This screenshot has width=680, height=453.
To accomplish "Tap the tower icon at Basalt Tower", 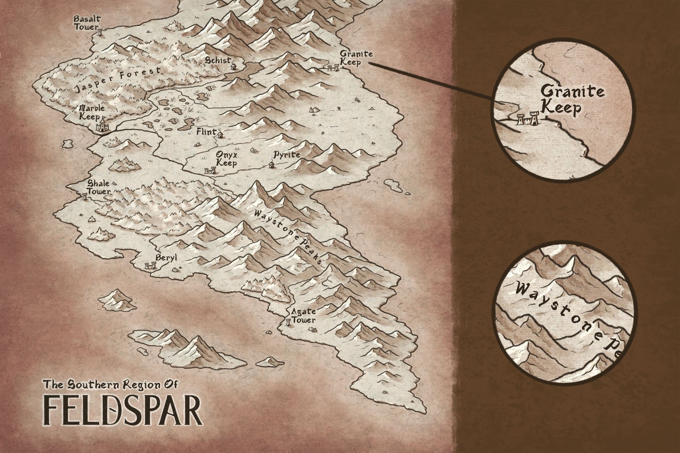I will [100, 32].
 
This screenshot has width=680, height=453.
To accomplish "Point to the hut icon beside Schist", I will [234, 65].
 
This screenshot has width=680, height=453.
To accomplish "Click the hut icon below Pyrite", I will [271, 165].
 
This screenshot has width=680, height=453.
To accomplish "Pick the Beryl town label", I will [167, 258].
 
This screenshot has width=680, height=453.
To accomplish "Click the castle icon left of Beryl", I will [148, 266].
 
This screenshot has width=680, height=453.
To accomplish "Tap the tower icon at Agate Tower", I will [289, 321].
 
